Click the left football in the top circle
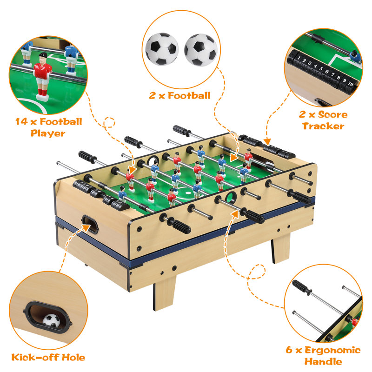point(162,49)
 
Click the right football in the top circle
point(201,50)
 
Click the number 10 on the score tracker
point(351,84)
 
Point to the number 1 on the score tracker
point(299,58)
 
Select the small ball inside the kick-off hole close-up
point(51,320)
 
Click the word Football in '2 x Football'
point(189,96)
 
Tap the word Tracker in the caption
point(323,126)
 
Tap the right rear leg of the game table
point(281,248)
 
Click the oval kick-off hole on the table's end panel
point(90,224)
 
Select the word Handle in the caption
point(323,362)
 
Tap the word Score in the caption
point(332,114)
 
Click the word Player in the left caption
point(48,133)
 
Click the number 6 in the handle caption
point(289,350)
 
